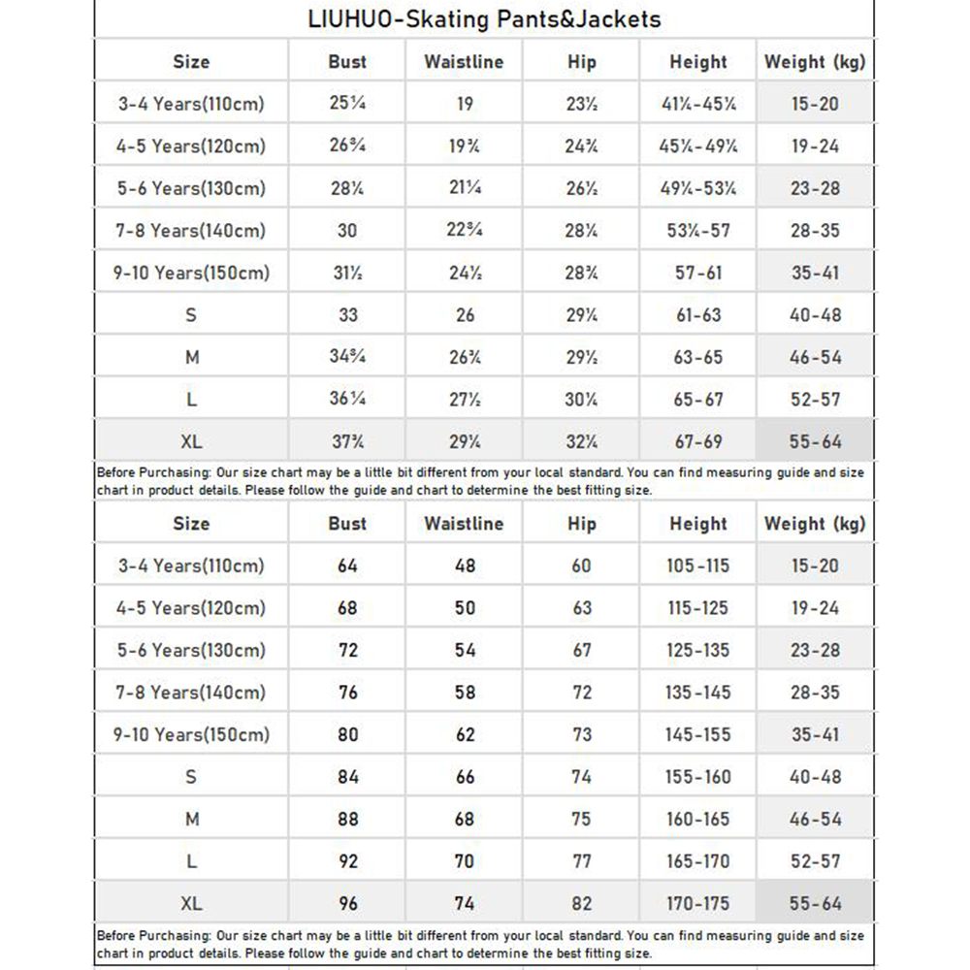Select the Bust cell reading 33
click(347, 315)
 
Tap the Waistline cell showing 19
click(465, 103)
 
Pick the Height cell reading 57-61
click(698, 273)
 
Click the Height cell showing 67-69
click(698, 441)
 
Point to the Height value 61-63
click(698, 315)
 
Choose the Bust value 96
click(347, 903)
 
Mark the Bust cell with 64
click(347, 566)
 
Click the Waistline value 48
click(465, 566)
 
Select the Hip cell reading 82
click(581, 903)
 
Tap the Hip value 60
click(581, 566)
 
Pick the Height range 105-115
click(697, 566)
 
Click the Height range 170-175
click(697, 903)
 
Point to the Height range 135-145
click(697, 693)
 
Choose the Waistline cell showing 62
click(465, 734)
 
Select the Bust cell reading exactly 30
click(347, 231)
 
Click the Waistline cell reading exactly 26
click(465, 315)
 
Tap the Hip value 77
click(581, 861)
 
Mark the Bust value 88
click(347, 819)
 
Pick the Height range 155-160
click(697, 777)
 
